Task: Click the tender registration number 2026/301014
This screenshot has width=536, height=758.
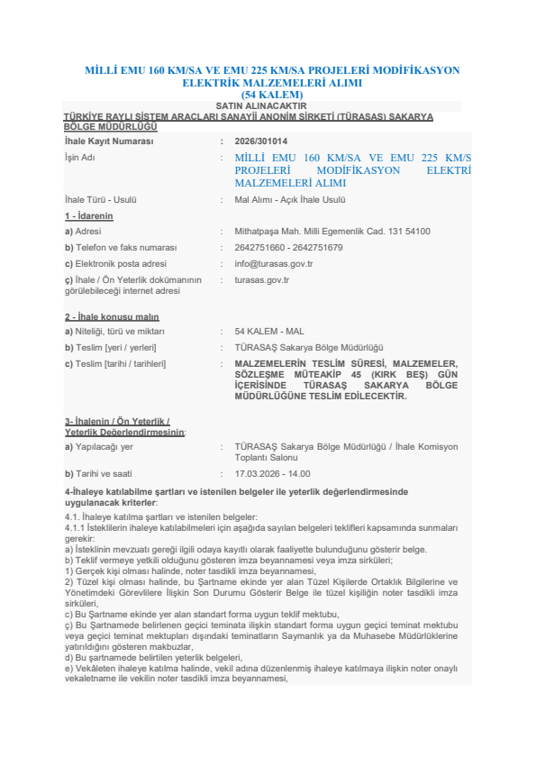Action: click(261, 142)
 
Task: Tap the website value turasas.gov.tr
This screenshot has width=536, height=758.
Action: click(261, 280)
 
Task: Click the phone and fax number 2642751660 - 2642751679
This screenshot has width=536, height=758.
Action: click(288, 248)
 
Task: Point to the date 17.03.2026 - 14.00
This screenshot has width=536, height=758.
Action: click(272, 473)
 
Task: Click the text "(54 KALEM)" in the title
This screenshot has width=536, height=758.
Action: click(272, 95)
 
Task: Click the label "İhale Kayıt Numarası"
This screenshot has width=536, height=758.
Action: click(109, 142)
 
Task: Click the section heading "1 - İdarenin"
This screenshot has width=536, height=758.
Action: click(88, 216)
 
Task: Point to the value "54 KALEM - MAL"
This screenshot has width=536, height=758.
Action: click(269, 332)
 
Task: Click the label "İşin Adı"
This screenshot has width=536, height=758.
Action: click(80, 157)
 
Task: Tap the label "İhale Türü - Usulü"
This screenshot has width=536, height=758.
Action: click(100, 200)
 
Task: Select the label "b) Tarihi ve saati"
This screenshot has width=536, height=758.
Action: click(98, 473)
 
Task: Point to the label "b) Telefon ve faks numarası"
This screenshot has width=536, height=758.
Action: click(120, 248)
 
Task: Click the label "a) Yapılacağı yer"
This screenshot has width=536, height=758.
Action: click(98, 446)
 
